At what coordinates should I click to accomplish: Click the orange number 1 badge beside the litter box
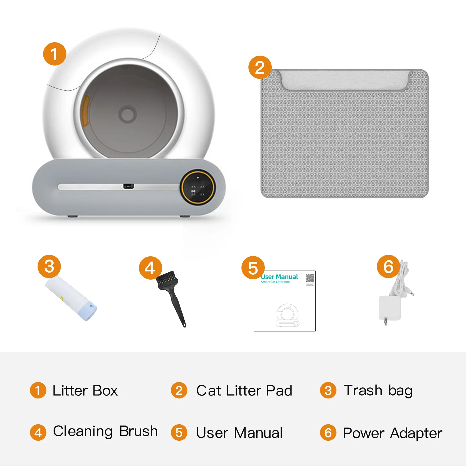[x=54, y=54]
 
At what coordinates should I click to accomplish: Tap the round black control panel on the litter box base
[x=198, y=187]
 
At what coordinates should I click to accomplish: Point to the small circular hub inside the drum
[x=127, y=114]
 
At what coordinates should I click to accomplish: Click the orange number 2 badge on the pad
[x=260, y=67]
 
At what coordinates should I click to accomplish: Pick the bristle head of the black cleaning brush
[x=167, y=280]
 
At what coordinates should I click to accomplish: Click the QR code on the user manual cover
[x=310, y=278]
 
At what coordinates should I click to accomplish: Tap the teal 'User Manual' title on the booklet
[x=280, y=277]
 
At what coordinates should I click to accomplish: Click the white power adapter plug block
[x=389, y=308]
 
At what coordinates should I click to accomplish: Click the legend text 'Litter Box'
[x=85, y=391]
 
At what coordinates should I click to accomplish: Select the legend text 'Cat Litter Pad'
[x=244, y=391]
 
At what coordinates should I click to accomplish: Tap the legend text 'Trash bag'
[x=378, y=391]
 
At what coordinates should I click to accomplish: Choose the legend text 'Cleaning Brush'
[x=105, y=431]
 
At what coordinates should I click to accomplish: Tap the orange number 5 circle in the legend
[x=179, y=433]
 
